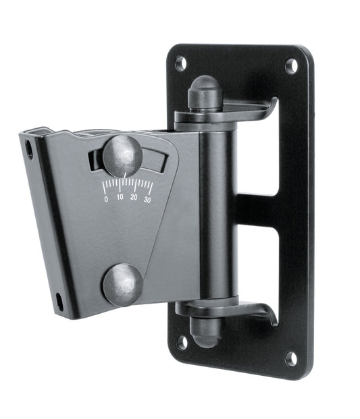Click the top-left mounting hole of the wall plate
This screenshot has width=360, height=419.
coord(181,63)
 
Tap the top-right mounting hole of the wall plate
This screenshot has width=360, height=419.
coord(292,65)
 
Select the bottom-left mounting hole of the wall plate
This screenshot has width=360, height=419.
coord(182,341)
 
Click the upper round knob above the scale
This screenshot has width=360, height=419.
coord(122,157)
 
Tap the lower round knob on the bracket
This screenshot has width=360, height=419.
coord(122,285)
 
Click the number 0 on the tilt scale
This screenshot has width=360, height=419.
coord(106,199)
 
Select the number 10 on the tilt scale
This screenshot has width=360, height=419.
coord(120,198)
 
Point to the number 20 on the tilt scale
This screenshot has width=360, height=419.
coord(134,198)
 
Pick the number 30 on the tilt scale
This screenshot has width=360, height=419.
coord(147,199)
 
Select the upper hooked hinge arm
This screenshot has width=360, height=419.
coord(250,110)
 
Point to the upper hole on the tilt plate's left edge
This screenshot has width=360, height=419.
coord(29,148)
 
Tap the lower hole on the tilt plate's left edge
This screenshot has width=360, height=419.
coord(59,302)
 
